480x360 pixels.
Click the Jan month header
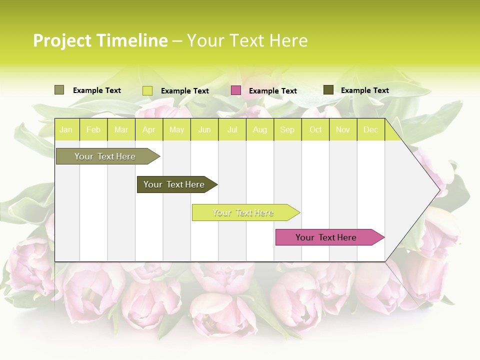point(66,129)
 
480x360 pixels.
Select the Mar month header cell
point(121,129)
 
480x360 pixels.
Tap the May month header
point(176,129)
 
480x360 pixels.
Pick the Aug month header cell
point(259,129)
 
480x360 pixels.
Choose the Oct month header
point(315,129)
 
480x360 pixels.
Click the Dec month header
point(370,129)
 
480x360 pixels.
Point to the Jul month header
point(232,129)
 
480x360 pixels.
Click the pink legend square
point(236,90)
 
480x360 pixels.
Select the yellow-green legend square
point(147,90)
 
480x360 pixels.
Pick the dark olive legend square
point(328,90)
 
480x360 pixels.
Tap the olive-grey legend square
point(59,90)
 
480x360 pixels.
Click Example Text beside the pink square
point(272,91)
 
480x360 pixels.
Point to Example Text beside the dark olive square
point(364,90)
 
